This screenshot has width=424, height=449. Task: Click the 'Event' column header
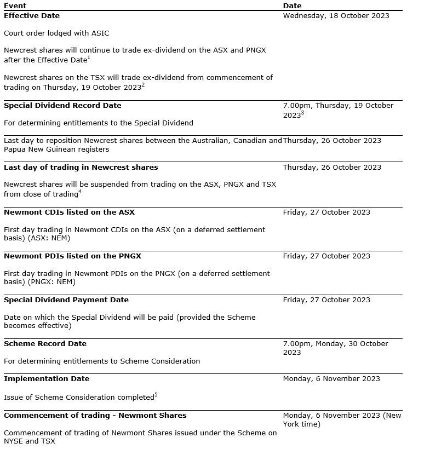[x=15, y=6]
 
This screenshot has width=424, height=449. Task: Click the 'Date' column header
[x=292, y=6]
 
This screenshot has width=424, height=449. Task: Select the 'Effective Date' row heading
[x=32, y=15]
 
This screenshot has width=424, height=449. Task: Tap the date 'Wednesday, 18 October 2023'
[x=336, y=15]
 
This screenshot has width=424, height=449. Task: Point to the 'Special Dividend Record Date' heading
[x=62, y=105]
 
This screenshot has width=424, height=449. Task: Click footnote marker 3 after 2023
[x=303, y=113]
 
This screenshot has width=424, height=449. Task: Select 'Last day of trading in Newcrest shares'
[x=81, y=167]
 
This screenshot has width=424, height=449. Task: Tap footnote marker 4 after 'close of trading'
[x=80, y=191]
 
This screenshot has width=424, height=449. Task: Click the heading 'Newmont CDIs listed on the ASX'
[x=69, y=212]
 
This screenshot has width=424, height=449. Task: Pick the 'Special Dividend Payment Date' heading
[x=66, y=300]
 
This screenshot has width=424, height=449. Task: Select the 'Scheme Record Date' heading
[x=45, y=343]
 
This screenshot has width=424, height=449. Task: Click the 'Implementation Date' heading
[x=46, y=378]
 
